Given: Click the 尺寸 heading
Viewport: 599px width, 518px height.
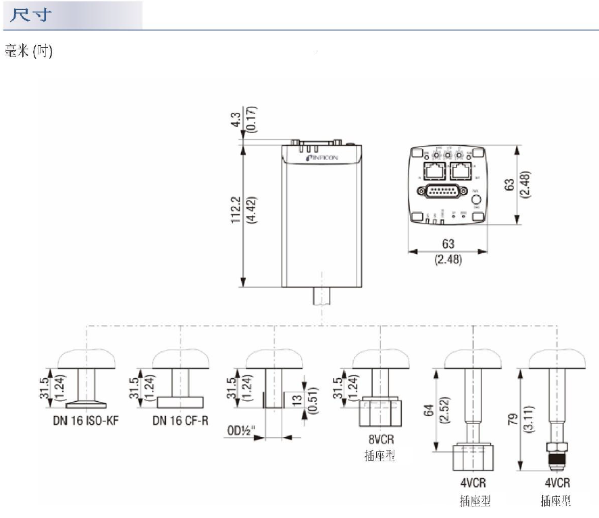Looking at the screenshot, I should [29, 15].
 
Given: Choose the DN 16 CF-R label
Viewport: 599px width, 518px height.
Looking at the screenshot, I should [180, 420].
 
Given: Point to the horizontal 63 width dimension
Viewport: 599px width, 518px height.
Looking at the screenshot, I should [447, 244].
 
